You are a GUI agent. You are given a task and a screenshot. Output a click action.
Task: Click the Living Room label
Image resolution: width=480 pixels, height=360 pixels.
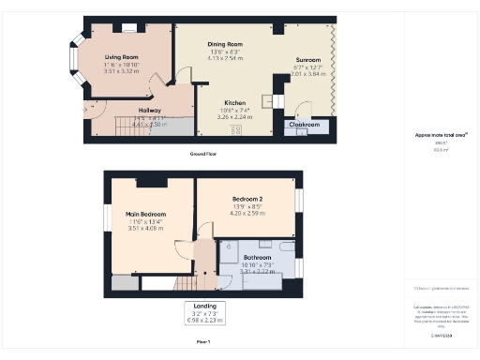pos(121,55)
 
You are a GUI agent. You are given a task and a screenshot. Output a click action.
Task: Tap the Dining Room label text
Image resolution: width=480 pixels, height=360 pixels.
pos(225,44)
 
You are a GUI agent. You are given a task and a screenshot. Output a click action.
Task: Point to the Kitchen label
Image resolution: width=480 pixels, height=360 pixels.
pos(235,103)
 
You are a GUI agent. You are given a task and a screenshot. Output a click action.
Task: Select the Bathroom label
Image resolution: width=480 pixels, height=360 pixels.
pos(257,257)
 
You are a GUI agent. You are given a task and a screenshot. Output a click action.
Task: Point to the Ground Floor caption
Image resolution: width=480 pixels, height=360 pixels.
pos(203,153)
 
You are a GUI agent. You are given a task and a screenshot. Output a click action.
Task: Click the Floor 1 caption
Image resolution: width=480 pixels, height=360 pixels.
pos(202,342)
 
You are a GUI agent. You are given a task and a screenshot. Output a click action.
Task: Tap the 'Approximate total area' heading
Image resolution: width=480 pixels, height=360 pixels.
pos(442,135)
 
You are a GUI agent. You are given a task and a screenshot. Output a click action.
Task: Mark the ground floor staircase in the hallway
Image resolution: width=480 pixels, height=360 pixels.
pos(132,125)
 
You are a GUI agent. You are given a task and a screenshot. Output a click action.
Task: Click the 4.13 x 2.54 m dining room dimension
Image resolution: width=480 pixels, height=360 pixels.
pos(225,58)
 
